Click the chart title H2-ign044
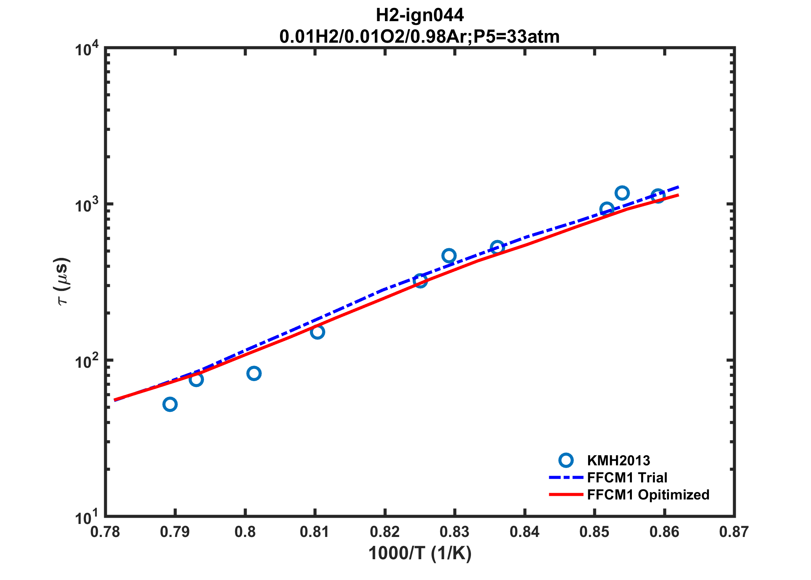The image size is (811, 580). coord(419,15)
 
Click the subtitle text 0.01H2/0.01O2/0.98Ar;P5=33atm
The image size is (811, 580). coord(419,37)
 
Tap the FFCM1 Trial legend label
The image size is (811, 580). coord(627,478)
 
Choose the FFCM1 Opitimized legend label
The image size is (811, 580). coord(648,495)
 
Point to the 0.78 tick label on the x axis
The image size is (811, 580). coord(105,532)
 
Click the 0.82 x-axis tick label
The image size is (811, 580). coord(385,532)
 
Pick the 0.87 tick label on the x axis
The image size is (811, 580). coord(734,532)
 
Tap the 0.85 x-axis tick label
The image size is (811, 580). coord(594,532)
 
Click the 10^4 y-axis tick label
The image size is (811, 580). coord(87,49)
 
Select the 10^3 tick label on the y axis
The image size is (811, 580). coord(87,205)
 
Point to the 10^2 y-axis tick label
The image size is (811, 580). coord(87,361)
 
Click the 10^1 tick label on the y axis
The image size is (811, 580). coord(87,517)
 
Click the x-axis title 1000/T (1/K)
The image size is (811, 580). coord(420,553)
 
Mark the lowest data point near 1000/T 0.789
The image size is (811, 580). coord(170,404)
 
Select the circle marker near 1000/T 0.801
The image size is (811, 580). coord(254,373)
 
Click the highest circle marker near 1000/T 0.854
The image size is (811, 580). coord(622,193)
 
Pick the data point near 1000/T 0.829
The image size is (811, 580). coord(449,256)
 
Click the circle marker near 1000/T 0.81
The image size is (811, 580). coord(317,332)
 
